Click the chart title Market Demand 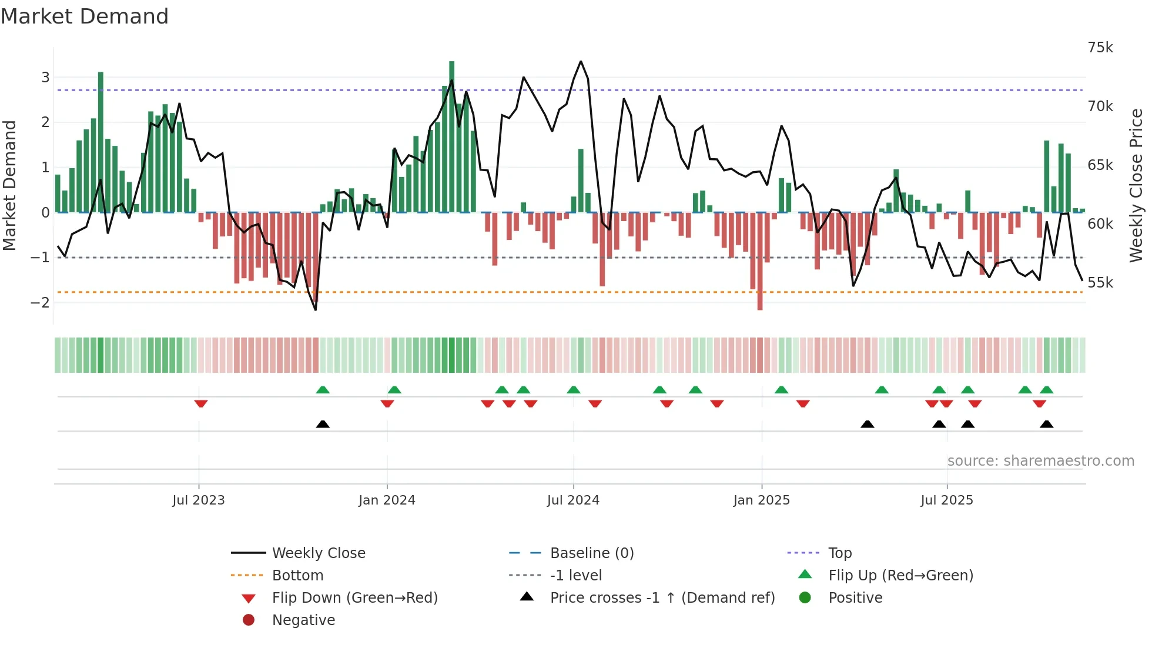(x=85, y=16)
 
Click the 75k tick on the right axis (x=1100, y=48)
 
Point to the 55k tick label (x=1100, y=283)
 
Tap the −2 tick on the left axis (x=41, y=303)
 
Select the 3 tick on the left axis (x=45, y=78)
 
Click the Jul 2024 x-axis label (x=573, y=500)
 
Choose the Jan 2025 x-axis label (x=761, y=500)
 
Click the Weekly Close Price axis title (x=1136, y=185)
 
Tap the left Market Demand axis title (x=10, y=185)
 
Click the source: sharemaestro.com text (x=1040, y=461)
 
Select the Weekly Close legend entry (x=318, y=553)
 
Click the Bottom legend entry (x=297, y=576)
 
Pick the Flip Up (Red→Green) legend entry (x=900, y=576)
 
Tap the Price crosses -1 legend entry (x=662, y=598)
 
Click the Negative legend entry (x=303, y=620)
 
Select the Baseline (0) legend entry (x=591, y=553)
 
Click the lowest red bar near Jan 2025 (x=760, y=262)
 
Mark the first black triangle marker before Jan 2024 (x=323, y=424)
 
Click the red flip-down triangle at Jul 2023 (x=201, y=404)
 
